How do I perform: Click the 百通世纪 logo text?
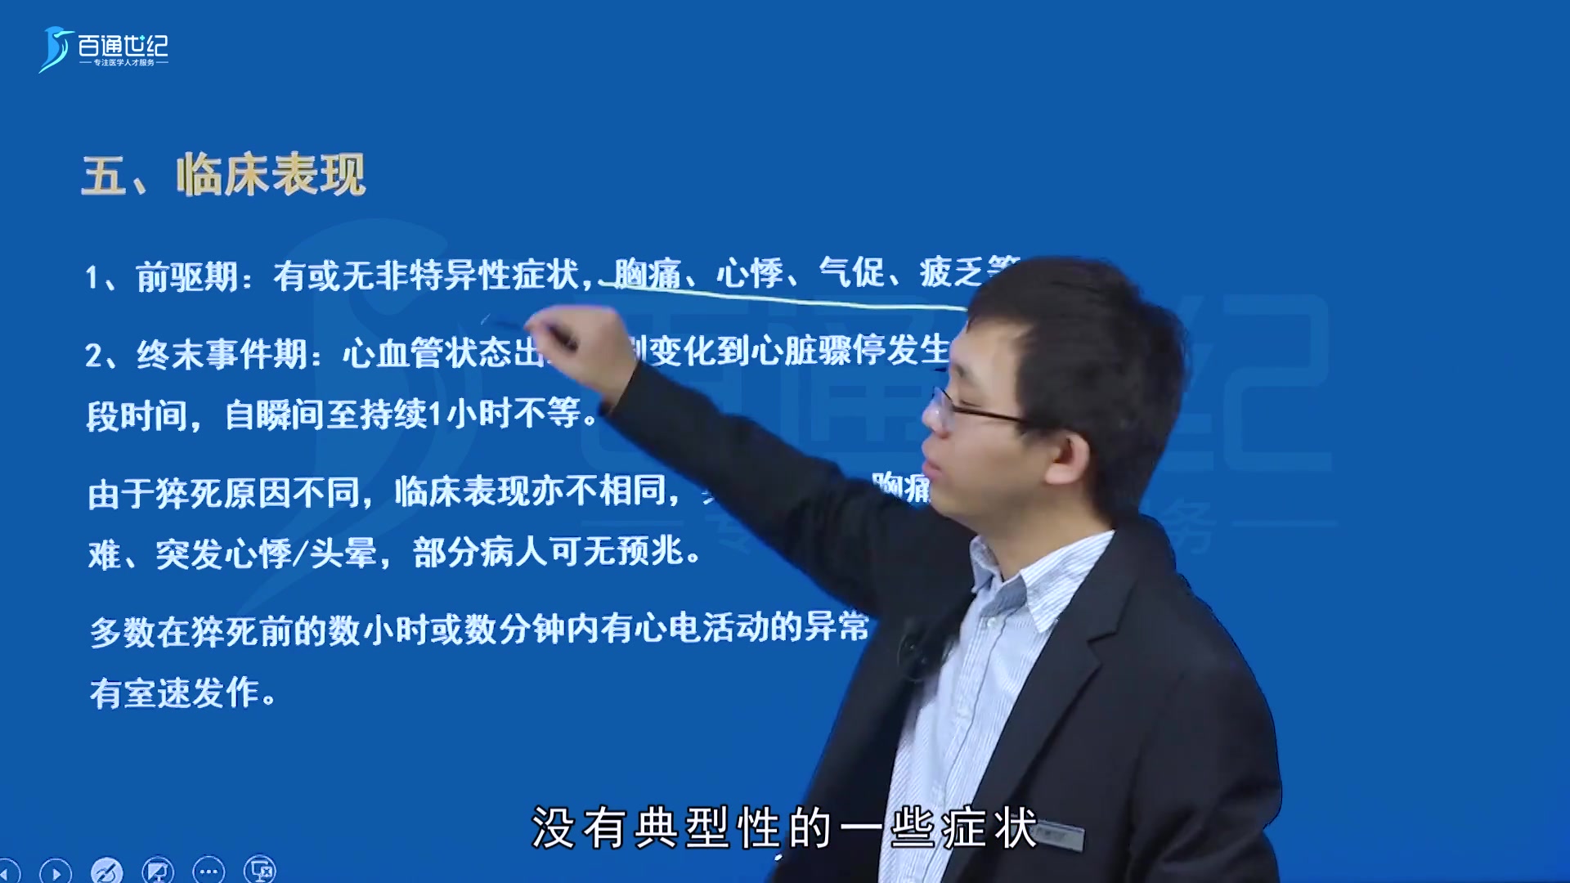click(x=123, y=46)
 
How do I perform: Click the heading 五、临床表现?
click(x=223, y=175)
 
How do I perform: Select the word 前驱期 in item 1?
click(x=186, y=277)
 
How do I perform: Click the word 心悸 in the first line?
click(x=749, y=273)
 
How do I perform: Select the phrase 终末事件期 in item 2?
click(x=221, y=355)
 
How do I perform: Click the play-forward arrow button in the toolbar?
click(x=56, y=872)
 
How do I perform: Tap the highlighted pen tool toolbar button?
click(x=106, y=872)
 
